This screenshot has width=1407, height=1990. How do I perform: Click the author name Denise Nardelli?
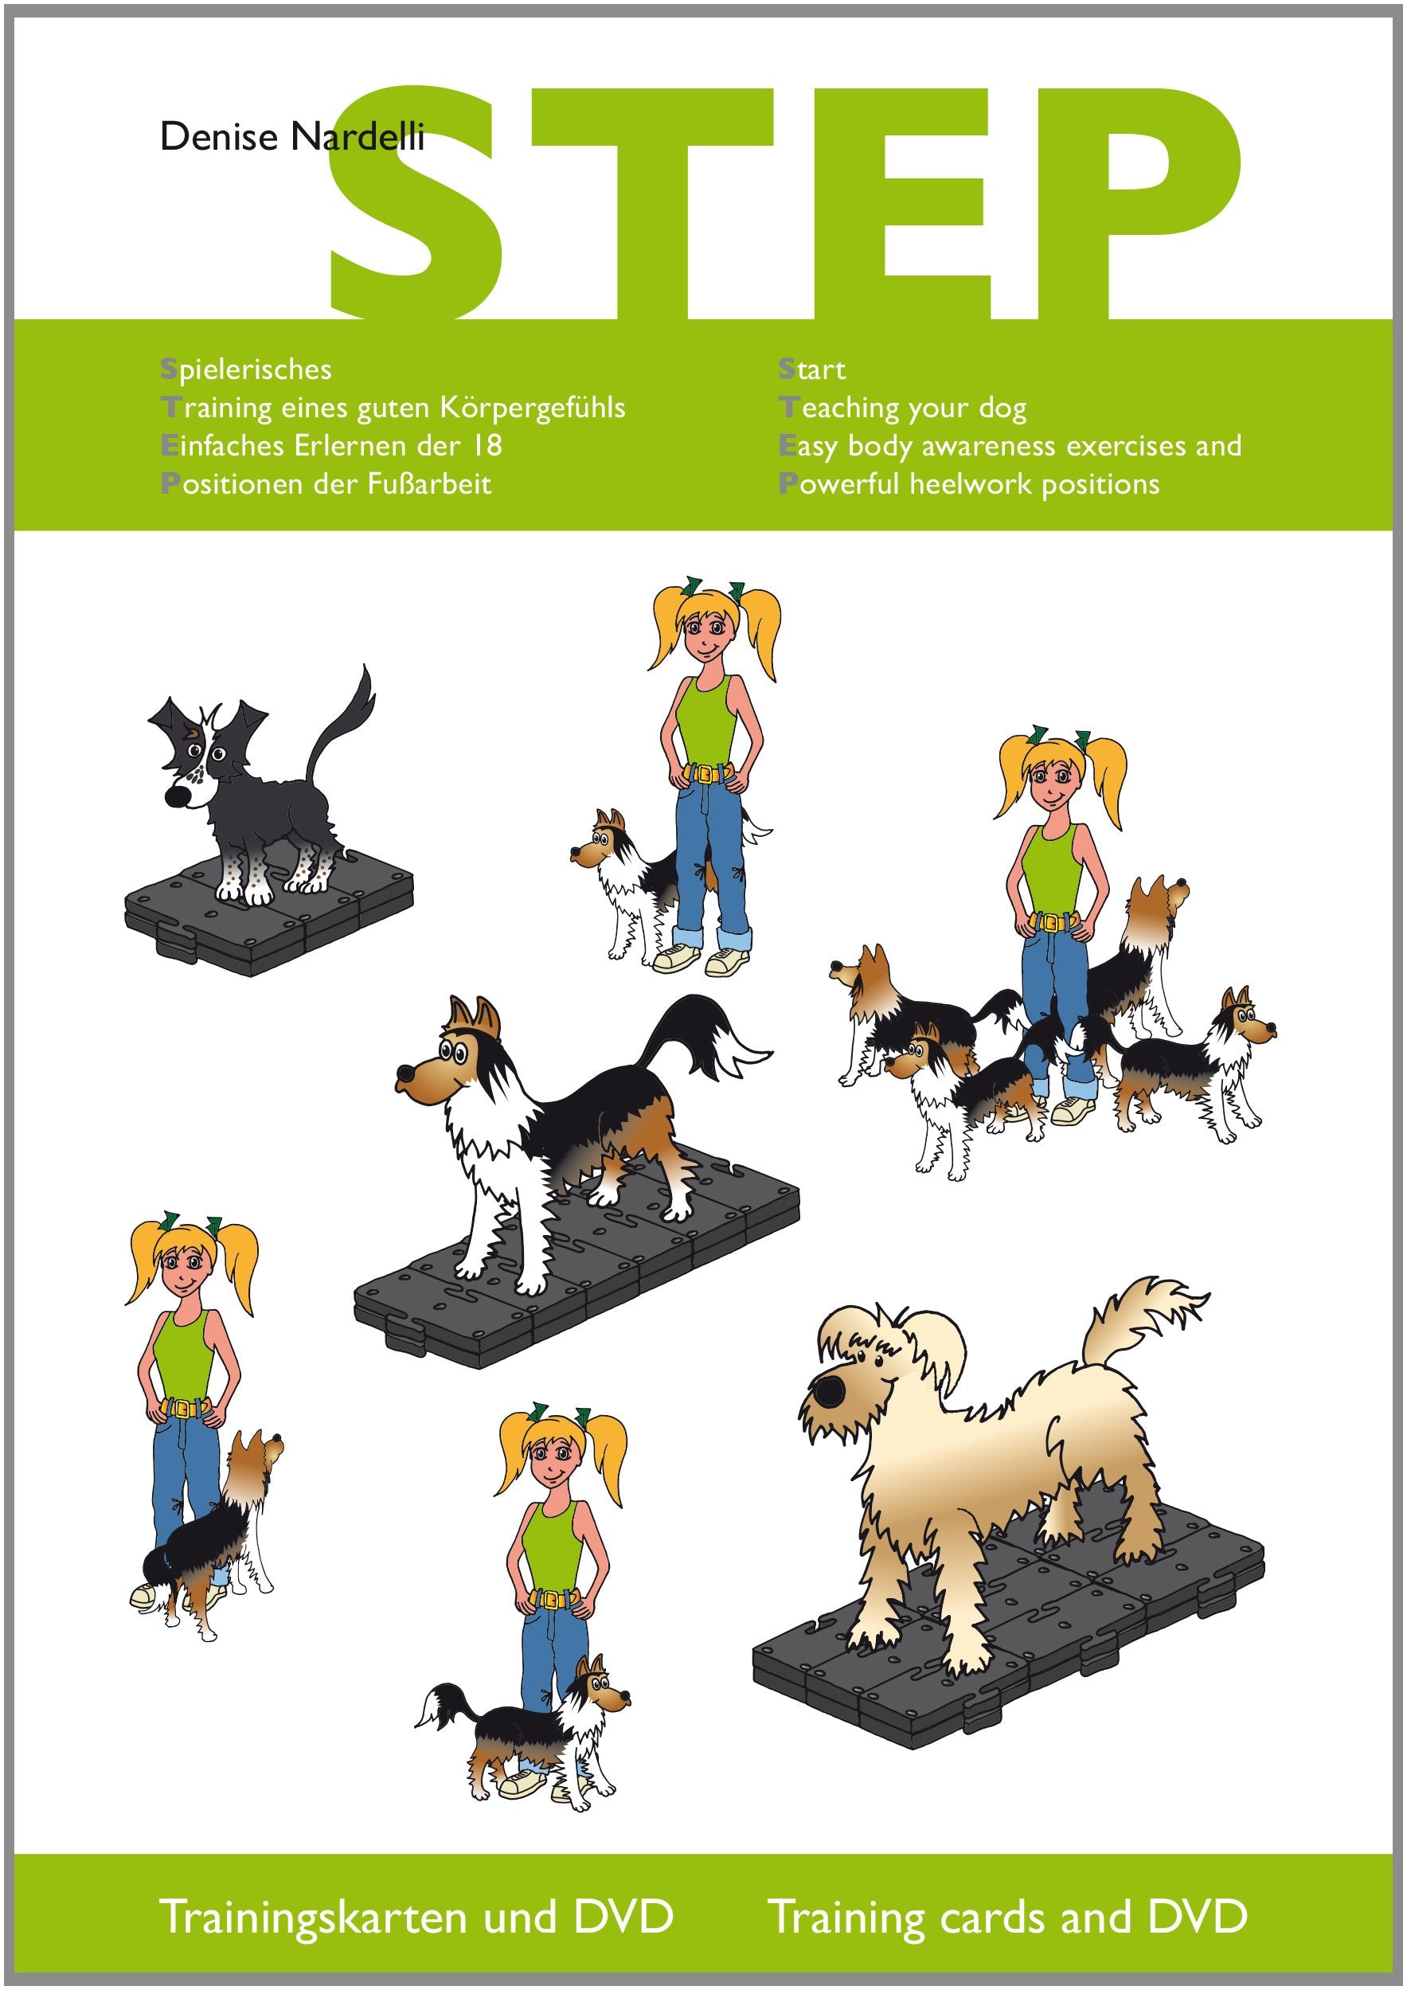tap(292, 137)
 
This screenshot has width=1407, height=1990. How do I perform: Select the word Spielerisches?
tap(246, 370)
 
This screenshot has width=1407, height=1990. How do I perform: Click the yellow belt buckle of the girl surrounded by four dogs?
tap(1051, 921)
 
